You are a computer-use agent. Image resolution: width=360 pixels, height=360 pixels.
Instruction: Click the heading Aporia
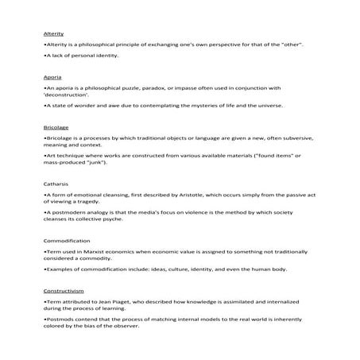(52, 77)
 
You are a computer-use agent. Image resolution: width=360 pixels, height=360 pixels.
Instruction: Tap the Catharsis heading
(56, 184)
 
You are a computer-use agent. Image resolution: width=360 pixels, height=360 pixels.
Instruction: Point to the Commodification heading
(67, 240)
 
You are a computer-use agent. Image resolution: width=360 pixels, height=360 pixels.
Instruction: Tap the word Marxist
(98, 252)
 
